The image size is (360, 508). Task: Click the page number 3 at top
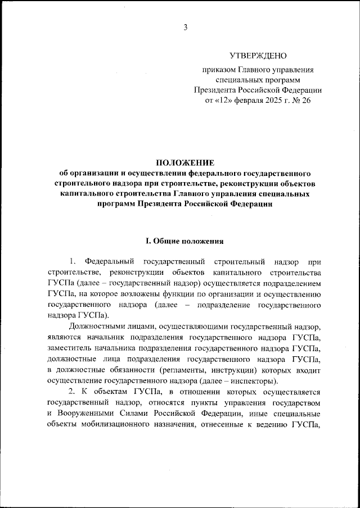[x=184, y=28]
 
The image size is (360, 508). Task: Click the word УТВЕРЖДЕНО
[x=258, y=56]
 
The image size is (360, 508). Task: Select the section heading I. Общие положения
[x=185, y=242]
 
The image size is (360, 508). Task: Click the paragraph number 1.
[x=72, y=262]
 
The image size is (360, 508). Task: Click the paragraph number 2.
[x=71, y=391]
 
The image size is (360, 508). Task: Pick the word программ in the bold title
[x=117, y=204]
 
